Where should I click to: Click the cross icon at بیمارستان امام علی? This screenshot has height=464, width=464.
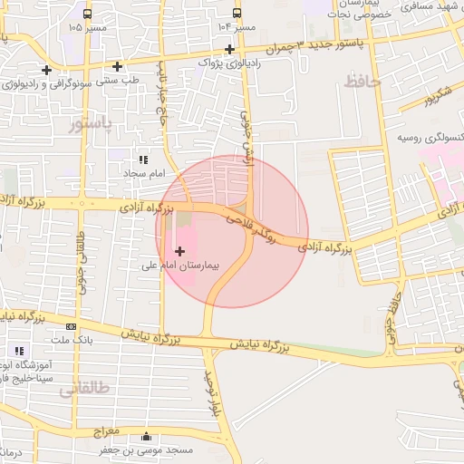pos(179,250)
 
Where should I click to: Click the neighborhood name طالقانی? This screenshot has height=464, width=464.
pos(83,390)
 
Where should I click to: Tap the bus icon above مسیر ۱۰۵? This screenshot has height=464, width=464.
pos(87,14)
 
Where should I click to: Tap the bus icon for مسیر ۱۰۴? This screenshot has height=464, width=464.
pos(237,14)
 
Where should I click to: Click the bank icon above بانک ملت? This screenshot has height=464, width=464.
pos(71,326)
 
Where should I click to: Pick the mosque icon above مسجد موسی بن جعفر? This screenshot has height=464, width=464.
pos(147,436)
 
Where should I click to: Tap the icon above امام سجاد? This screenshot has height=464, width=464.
pos(142,159)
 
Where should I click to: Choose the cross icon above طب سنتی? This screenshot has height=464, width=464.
pos(117,65)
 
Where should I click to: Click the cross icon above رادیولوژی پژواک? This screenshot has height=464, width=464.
pos(229,48)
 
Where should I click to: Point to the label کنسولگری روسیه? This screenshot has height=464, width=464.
pos(429,138)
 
